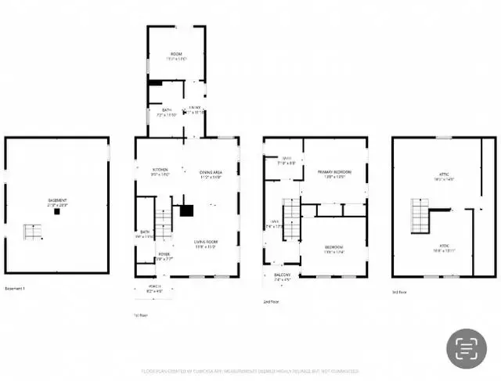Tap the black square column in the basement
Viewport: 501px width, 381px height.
[x=56, y=211]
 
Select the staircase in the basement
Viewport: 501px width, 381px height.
[x=32, y=232]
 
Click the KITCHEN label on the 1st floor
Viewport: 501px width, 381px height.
[x=160, y=170]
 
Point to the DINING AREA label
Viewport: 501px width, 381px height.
[x=211, y=172]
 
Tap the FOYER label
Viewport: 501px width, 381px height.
[x=164, y=254]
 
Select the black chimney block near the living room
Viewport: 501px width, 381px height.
[x=186, y=210]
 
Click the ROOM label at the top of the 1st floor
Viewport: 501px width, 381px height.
[x=176, y=54]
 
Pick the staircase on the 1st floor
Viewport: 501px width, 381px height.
[x=164, y=223]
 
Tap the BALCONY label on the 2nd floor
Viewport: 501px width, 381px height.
[x=282, y=275]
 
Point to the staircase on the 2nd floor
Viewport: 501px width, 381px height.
[x=291, y=219]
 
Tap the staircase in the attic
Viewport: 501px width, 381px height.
[x=420, y=215]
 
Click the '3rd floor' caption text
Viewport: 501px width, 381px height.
[x=399, y=292]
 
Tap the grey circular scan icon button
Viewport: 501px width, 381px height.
[x=467, y=348]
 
